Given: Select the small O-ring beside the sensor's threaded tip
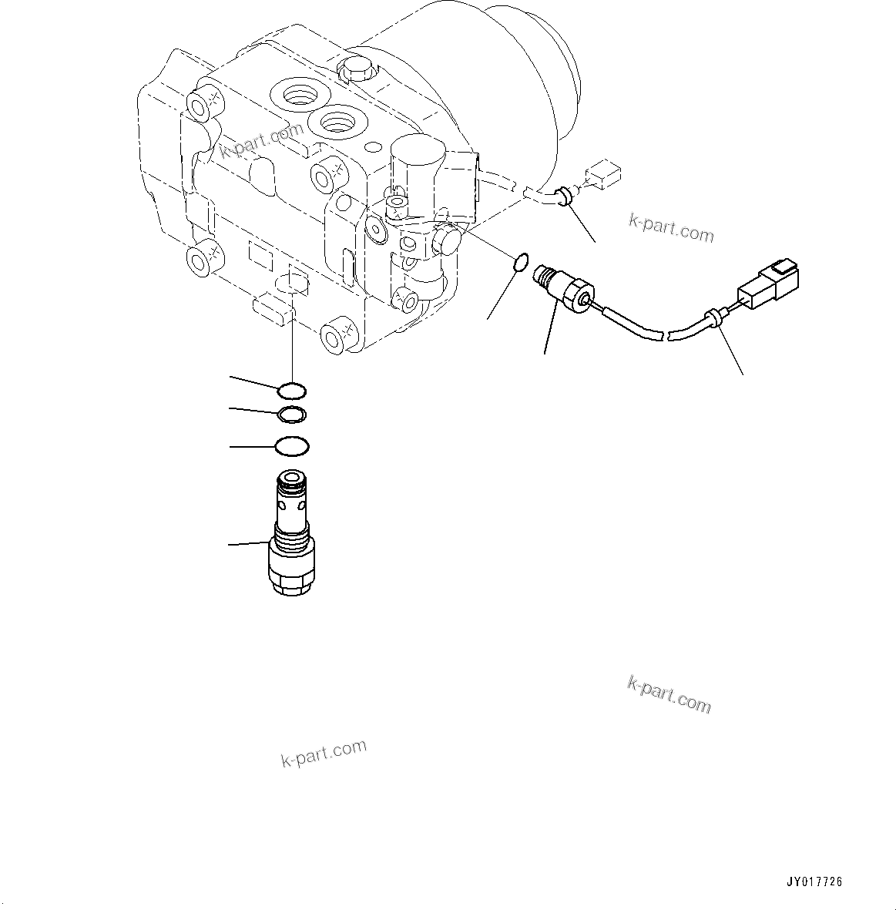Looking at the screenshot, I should point(520,263).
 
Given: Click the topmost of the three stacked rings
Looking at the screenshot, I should point(292,390).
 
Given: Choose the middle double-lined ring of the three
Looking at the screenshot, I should point(292,415).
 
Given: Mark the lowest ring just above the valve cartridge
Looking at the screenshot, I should point(292,446).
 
